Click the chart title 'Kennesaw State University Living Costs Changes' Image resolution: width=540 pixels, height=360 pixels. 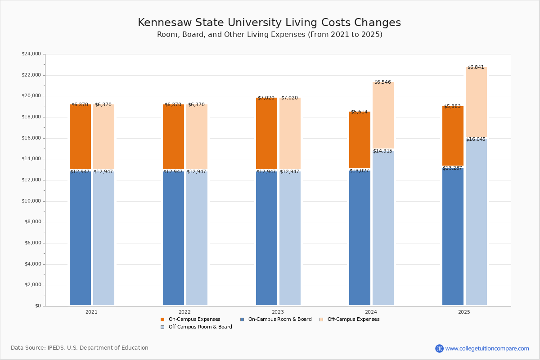[269, 23]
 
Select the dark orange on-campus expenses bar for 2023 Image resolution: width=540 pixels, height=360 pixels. [266, 134]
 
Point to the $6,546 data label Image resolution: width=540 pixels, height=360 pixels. [382, 82]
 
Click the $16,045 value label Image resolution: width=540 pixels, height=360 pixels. [476, 139]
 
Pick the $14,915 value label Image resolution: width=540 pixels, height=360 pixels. [382, 151]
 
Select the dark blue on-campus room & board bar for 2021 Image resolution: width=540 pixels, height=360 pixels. [80, 238]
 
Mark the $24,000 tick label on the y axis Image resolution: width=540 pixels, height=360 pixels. [31, 54]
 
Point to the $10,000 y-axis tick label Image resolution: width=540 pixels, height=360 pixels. [31, 201]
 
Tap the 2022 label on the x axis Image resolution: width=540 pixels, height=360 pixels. [184, 312]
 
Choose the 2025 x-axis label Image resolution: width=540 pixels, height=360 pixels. [464, 312]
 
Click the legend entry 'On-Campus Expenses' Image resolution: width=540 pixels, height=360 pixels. [194, 319]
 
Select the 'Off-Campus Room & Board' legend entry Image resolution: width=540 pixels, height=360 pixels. [200, 327]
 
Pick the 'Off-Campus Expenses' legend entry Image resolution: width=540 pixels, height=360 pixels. [353, 319]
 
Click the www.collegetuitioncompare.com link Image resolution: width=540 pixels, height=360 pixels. [487, 348]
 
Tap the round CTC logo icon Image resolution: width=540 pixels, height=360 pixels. [439, 348]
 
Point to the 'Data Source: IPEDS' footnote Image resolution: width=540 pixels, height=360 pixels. [80, 348]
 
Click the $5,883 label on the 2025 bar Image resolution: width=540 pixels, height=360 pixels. [452, 107]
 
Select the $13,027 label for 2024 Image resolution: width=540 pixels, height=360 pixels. [359, 171]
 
